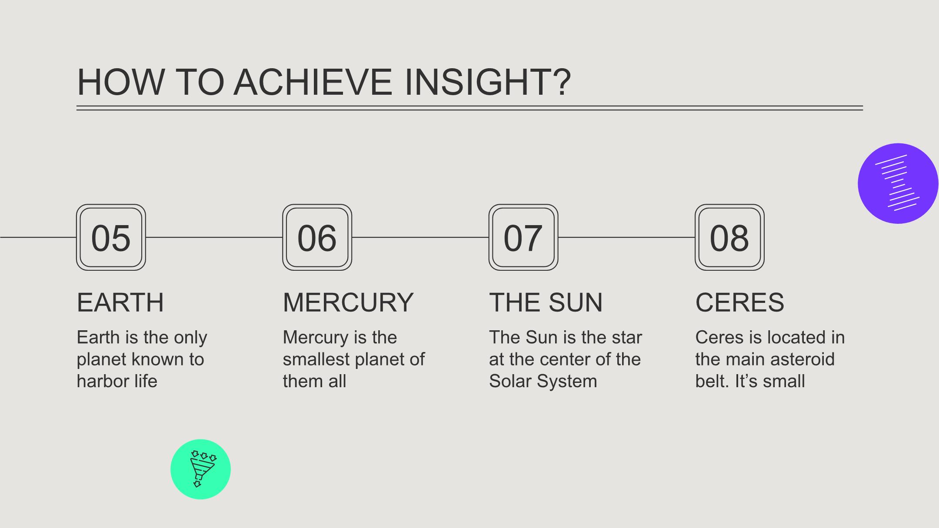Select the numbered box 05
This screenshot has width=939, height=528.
111,237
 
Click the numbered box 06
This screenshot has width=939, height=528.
317,237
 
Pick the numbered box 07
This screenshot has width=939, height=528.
523,237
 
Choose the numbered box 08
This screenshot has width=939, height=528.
729,237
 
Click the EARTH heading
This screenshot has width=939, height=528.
120,302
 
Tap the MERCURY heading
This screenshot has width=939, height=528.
348,302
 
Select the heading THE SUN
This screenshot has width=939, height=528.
546,302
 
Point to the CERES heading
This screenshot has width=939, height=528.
740,302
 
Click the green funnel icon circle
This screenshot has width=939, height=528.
200,469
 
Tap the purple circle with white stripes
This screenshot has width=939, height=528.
898,183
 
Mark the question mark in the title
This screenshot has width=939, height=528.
563,82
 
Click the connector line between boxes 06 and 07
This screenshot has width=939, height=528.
420,237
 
